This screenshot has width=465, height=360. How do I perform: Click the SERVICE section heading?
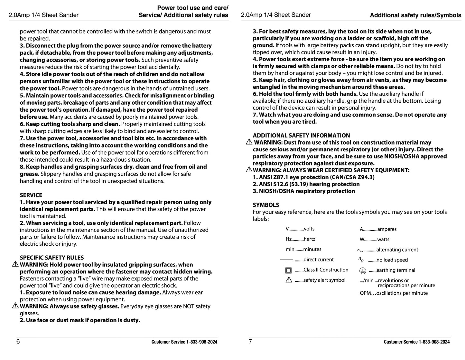[31, 195]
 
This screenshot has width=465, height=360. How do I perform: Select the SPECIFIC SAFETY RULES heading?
[51, 258]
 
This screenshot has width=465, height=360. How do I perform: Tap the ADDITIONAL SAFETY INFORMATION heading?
[301, 136]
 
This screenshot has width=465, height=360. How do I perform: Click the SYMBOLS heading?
[266, 205]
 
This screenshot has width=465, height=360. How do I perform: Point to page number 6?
[18, 342]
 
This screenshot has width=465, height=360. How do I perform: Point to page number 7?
[250, 342]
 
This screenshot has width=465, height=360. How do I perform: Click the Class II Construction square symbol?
[289, 270]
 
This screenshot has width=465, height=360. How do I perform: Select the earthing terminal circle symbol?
[363, 271]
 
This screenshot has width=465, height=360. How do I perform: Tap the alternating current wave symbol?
[360, 250]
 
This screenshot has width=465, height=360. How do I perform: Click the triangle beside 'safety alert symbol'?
[289, 280]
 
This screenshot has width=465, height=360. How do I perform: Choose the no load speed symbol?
[361, 260]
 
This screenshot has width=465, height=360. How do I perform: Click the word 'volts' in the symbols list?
[309, 229]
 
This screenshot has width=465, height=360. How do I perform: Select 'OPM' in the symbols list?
[365, 293]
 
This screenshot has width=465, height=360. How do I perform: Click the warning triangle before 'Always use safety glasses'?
[15, 306]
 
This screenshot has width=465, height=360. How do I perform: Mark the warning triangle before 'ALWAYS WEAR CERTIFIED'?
[249, 170]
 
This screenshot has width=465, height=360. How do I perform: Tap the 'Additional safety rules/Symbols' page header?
[415, 15]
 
